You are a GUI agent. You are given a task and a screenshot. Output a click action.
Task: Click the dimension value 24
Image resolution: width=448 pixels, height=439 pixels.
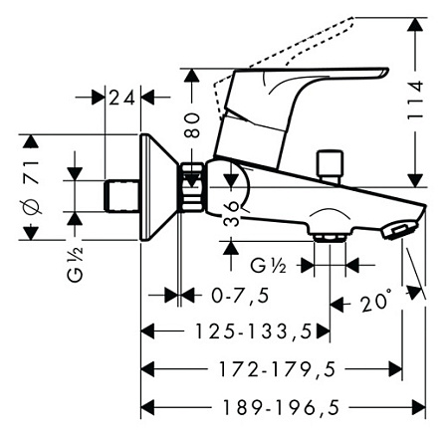pyautogui.click(x=121, y=98)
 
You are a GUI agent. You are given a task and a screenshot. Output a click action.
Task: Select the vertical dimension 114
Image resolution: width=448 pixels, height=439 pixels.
pyautogui.click(x=415, y=100)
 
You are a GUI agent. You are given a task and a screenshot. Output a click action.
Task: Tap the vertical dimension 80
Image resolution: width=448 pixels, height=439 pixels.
pyautogui.click(x=192, y=125)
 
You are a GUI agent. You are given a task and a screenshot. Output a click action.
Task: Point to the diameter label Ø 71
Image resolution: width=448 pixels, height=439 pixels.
pyautogui.click(x=32, y=187)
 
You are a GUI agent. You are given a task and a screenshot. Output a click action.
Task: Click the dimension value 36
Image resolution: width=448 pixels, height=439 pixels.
pyautogui.click(x=231, y=213)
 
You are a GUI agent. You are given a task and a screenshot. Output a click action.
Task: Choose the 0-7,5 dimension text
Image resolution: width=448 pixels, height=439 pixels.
pyautogui.click(x=240, y=296)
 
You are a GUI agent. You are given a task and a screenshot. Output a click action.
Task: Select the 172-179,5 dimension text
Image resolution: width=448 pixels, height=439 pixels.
pyautogui.click(x=277, y=369)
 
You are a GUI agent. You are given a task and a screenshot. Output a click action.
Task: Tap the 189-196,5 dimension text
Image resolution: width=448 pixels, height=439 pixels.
pyautogui.click(x=281, y=407)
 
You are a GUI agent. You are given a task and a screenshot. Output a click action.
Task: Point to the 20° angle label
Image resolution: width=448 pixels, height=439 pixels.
pyautogui.click(x=376, y=302)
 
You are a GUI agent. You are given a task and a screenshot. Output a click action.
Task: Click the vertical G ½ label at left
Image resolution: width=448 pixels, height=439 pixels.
pyautogui.click(x=76, y=265)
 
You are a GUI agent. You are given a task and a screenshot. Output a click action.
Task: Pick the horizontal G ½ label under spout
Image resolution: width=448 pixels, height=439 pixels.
pyautogui.click(x=268, y=266)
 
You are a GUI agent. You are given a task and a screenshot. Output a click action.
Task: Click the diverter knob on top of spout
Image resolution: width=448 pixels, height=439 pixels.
pyautogui.click(x=330, y=166)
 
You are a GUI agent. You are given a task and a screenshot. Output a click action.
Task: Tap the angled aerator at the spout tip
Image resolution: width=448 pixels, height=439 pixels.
pyautogui.click(x=399, y=229)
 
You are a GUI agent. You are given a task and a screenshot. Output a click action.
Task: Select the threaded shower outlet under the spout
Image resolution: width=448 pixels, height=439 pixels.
pyautogui.click(x=330, y=238)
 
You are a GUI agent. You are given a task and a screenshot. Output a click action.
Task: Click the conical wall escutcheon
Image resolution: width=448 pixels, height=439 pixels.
pyautogui.click(x=158, y=187)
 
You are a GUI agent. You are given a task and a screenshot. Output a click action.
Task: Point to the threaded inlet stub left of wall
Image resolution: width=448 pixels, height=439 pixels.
pyautogui.click(x=121, y=196)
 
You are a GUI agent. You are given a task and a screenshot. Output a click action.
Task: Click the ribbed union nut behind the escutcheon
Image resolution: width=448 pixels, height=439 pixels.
pyautogui.click(x=192, y=187)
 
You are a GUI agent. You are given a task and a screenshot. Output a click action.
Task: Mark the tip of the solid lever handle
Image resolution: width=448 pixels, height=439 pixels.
pyautogui.click(x=388, y=70)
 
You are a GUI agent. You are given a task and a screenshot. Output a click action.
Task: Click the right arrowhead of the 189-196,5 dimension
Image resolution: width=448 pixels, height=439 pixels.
pyautogui.click(x=419, y=407)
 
